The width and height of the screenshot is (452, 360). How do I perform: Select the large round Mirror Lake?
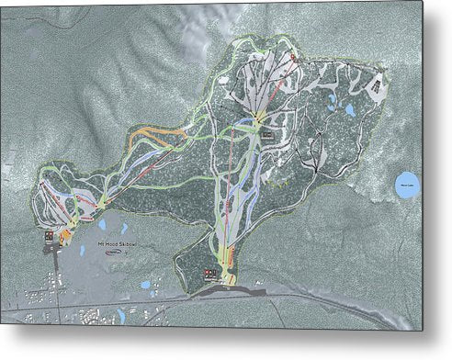point(406,185)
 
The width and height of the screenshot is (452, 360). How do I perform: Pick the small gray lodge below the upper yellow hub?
point(266,135)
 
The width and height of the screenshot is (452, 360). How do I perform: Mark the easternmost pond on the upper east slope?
point(349,110)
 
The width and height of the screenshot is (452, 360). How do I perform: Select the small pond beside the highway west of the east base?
point(146,285)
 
